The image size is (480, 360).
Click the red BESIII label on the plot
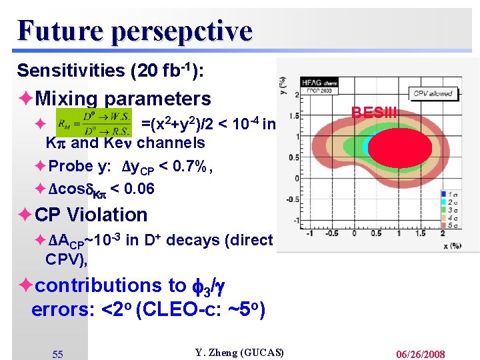[x=374, y=113]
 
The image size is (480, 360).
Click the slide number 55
[x=58, y=354]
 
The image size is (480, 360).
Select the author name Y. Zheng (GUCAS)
[x=239, y=352]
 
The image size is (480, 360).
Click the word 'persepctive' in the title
[x=182, y=31]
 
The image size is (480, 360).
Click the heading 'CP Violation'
[x=91, y=215]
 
